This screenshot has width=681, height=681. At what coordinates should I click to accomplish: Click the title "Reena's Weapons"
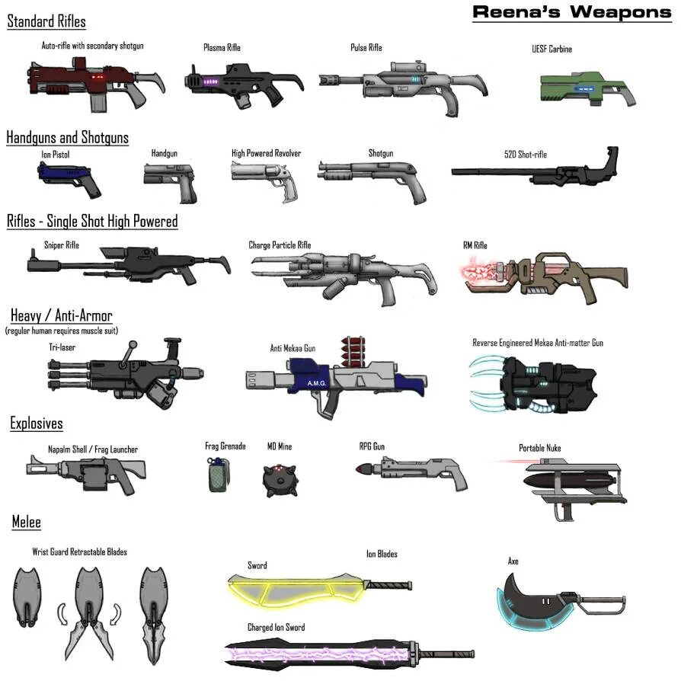(x=571, y=12)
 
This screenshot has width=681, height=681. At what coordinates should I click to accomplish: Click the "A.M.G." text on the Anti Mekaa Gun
(x=317, y=383)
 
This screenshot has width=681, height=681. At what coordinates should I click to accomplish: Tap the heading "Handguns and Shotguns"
(x=67, y=138)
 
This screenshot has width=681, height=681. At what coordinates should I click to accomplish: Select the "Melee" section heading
(x=26, y=523)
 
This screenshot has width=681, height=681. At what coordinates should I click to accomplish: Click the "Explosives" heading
(x=37, y=424)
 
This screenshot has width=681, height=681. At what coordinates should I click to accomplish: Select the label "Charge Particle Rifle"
(x=280, y=245)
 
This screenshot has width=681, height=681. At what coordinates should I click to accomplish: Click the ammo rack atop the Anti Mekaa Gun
(x=353, y=352)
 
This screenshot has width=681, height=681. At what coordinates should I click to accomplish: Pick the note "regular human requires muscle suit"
(x=61, y=331)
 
